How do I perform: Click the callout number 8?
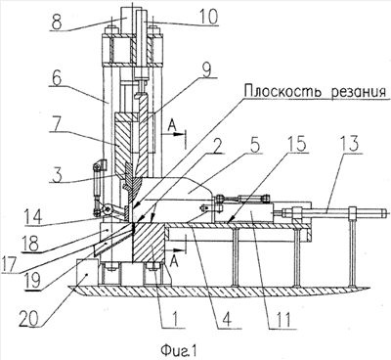[x=57, y=22]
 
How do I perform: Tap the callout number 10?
[x=207, y=17]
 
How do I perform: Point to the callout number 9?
[x=206, y=68]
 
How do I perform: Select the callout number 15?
[x=296, y=144]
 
